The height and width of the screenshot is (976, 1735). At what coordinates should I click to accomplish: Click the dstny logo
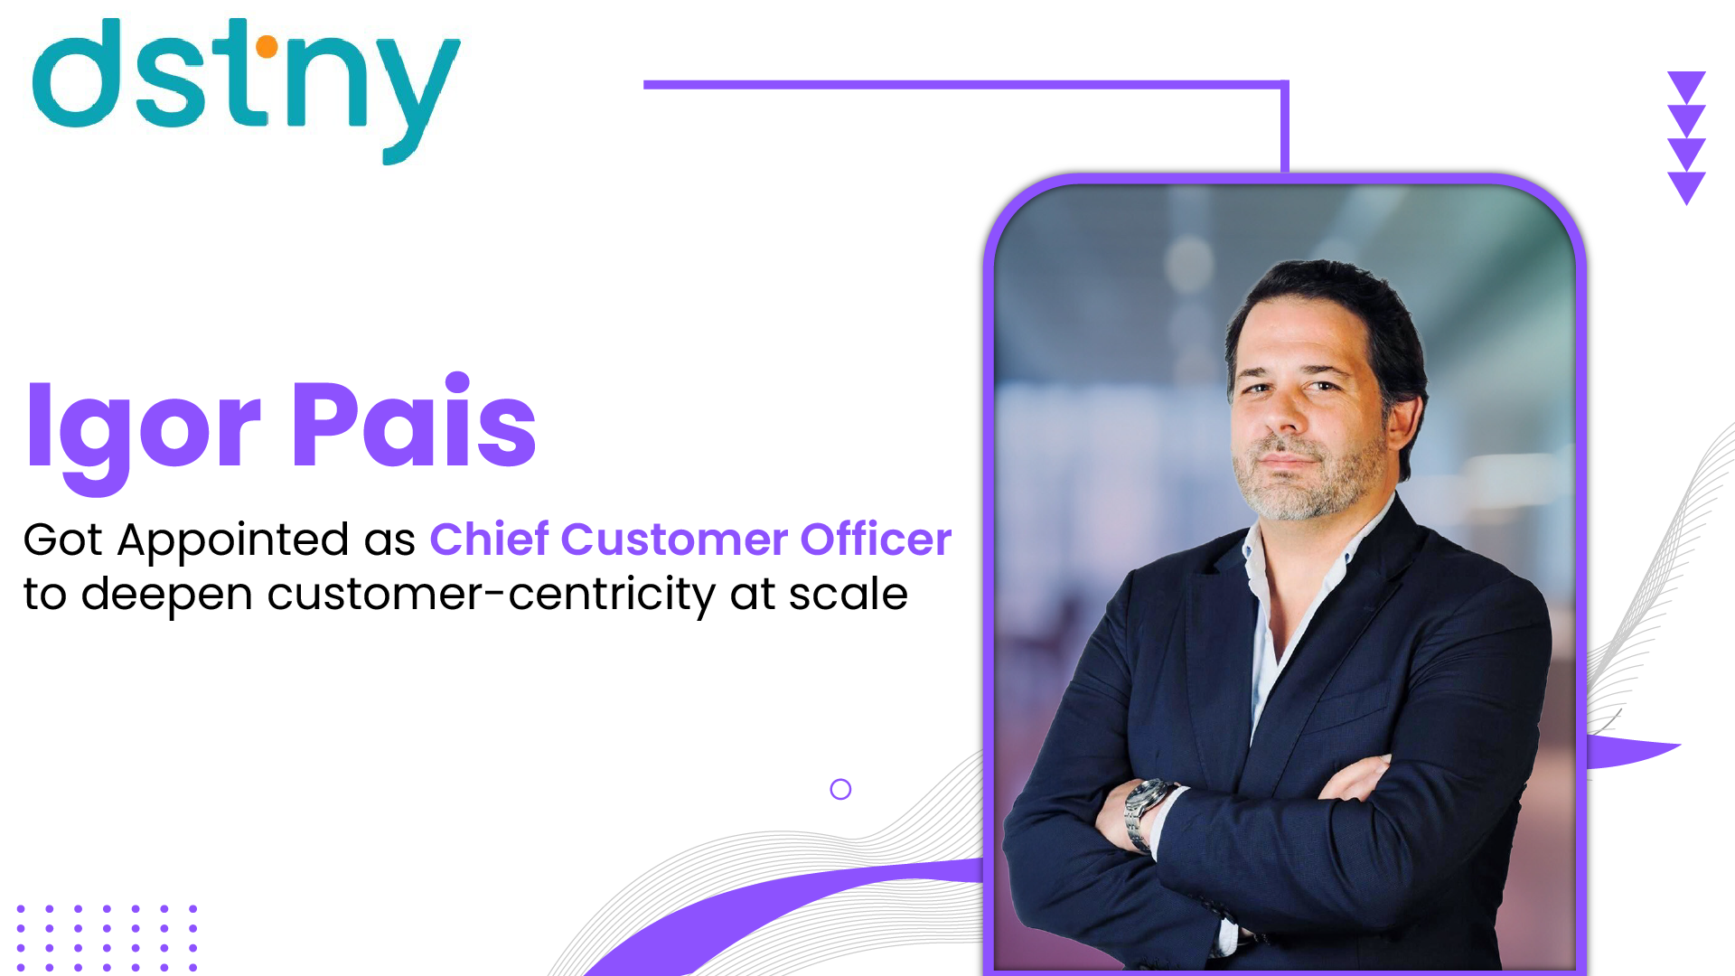pyautogui.click(x=246, y=90)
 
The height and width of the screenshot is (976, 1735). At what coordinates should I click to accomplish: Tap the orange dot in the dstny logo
pyautogui.click(x=267, y=46)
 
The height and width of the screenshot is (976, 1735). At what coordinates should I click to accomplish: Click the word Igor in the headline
pyautogui.click(x=145, y=434)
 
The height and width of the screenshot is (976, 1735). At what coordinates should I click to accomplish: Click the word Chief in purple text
pyautogui.click(x=489, y=539)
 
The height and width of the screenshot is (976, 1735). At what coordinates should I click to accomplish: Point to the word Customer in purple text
pyautogui.click(x=674, y=540)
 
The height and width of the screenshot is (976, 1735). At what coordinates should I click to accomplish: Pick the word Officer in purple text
pyautogui.click(x=876, y=539)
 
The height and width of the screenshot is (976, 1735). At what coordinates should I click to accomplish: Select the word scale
pyautogui.click(x=849, y=594)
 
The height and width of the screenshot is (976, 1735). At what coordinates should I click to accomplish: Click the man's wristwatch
pyautogui.click(x=1146, y=813)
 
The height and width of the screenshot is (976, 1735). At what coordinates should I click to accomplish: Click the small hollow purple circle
pyautogui.click(x=840, y=790)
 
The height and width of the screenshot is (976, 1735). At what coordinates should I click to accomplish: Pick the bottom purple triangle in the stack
pyautogui.click(x=1686, y=186)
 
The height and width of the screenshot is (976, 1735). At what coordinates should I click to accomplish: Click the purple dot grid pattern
pyautogui.click(x=107, y=938)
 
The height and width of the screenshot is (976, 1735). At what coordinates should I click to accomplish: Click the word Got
pyautogui.click(x=62, y=540)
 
